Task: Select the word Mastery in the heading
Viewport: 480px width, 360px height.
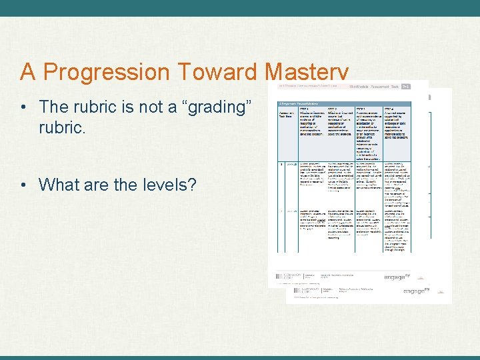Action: click(306, 72)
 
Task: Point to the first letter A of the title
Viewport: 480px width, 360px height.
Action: click(27, 72)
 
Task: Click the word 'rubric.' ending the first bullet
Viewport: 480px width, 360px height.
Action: click(63, 127)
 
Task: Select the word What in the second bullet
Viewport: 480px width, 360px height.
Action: click(59, 185)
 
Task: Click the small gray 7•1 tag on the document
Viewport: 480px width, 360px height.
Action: click(405, 86)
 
